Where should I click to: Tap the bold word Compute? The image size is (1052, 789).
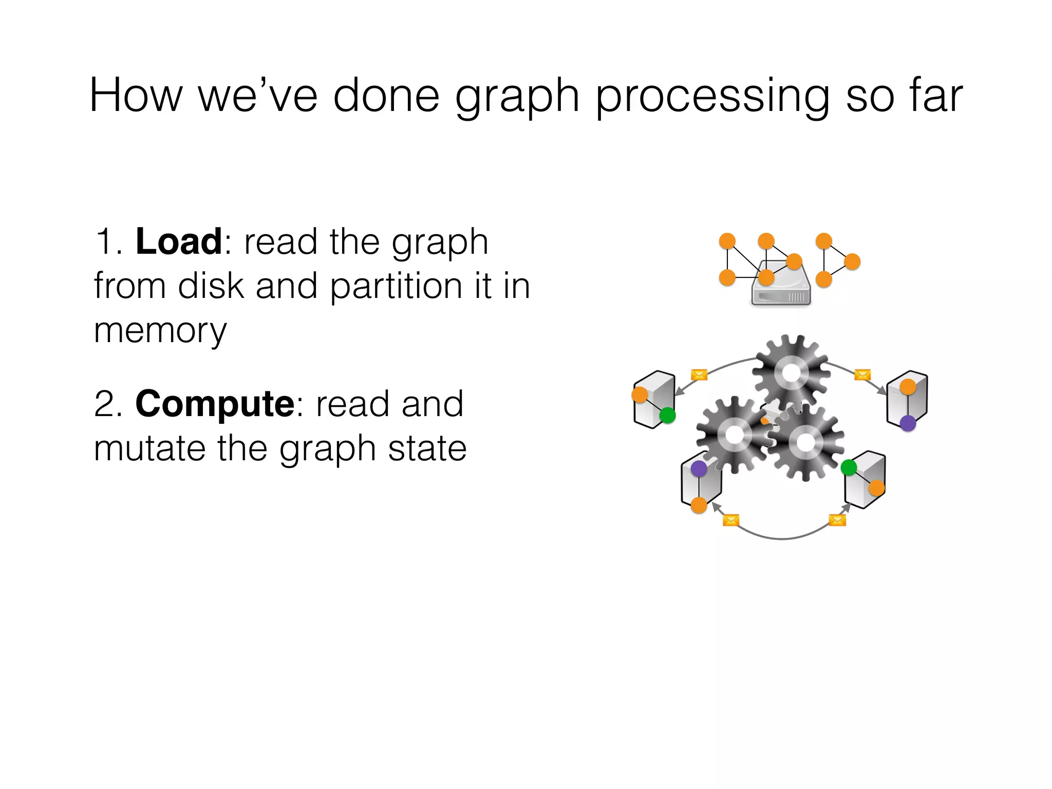coord(214,404)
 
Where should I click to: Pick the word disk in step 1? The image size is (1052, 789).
coord(211,286)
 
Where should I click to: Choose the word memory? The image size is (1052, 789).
coord(160,331)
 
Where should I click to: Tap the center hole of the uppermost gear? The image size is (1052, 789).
coord(791,372)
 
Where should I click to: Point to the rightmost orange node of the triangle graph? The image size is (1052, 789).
coord(852,261)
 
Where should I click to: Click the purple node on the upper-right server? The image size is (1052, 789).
coord(908,423)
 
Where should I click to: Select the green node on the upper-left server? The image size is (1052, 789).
coord(667,415)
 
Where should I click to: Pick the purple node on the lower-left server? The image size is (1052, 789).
coord(699,468)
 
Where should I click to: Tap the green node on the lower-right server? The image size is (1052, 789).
coord(849,467)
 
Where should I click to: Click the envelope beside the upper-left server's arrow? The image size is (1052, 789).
coord(699,374)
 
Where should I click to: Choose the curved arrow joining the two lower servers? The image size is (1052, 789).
coord(782,538)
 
